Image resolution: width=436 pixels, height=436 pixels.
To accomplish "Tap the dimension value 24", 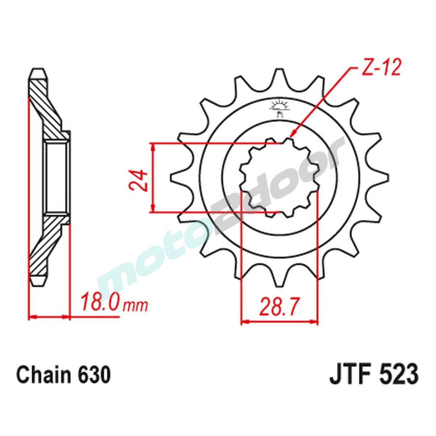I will pos(138,178).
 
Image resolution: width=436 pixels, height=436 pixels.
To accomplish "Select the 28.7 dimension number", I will pos(279,307).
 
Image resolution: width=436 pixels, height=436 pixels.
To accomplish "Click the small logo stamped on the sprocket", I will pos(278,109).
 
